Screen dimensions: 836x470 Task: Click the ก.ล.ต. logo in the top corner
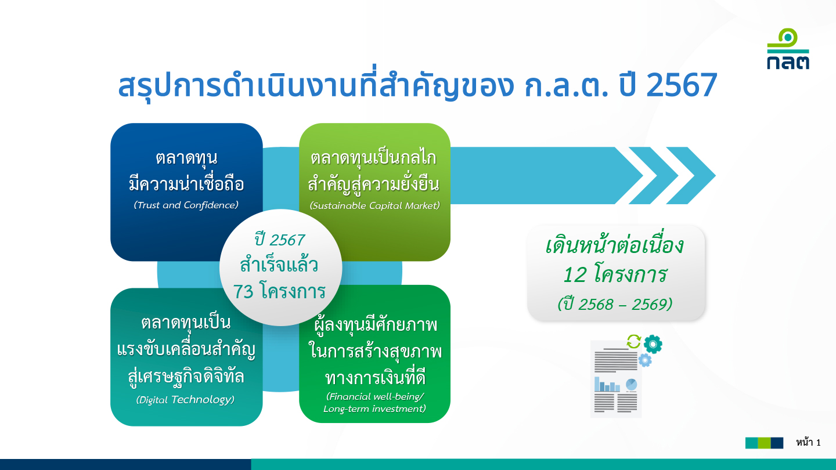pos(788,49)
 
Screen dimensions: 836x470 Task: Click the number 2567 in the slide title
pos(682,85)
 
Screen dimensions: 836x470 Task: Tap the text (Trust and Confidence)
pos(186,205)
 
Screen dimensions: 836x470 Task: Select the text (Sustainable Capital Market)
pos(374,206)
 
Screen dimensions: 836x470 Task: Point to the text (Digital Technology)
pos(186,400)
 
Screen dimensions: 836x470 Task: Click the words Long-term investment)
pos(374,409)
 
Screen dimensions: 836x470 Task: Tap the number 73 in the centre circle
pos(243,292)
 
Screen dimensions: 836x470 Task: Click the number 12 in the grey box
pos(575,275)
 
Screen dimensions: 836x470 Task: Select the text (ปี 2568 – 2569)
pos(615,305)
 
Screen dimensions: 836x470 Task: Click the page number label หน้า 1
pos(808,443)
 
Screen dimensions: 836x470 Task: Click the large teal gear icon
pos(653,344)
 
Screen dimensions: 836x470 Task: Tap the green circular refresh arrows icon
pos(634,342)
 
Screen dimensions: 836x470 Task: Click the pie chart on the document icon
pos(631,384)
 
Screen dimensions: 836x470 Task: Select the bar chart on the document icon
pos(607,384)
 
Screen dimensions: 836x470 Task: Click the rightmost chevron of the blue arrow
pos(691,175)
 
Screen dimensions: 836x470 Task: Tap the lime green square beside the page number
pos(764,443)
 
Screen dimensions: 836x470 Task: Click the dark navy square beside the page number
pos(777,443)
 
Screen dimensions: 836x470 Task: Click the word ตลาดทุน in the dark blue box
pos(186,158)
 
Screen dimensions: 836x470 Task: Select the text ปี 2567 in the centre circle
pos(280,240)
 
